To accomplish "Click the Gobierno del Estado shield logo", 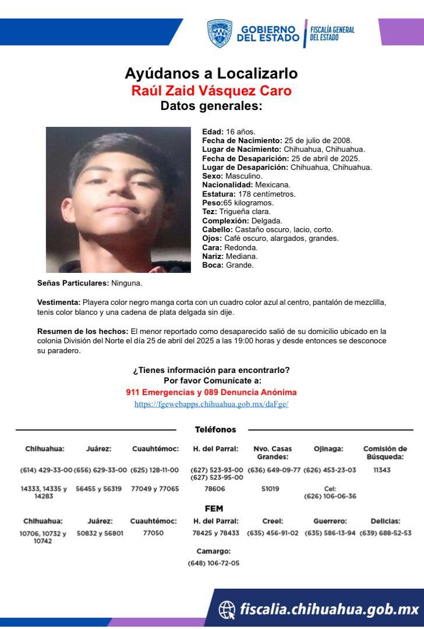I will click(220, 33).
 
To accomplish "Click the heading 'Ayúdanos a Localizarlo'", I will click(211, 74).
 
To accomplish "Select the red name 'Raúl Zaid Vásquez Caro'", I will click(211, 91).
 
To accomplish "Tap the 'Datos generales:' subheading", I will click(211, 106).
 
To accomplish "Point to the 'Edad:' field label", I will click(211, 132).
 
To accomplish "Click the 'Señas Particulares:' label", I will click(72, 283).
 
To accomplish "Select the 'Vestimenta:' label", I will click(59, 303).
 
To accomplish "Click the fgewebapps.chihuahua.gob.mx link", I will click(211, 403).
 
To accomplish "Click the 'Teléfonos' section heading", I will click(215, 429).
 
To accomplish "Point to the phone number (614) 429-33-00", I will click(46, 470).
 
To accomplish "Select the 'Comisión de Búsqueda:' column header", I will click(384, 453).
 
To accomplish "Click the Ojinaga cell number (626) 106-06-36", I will click(330, 496).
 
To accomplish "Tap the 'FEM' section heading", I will click(214, 509).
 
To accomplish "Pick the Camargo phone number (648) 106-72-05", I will click(213, 563).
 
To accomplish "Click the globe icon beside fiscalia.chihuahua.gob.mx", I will click(227, 609).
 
